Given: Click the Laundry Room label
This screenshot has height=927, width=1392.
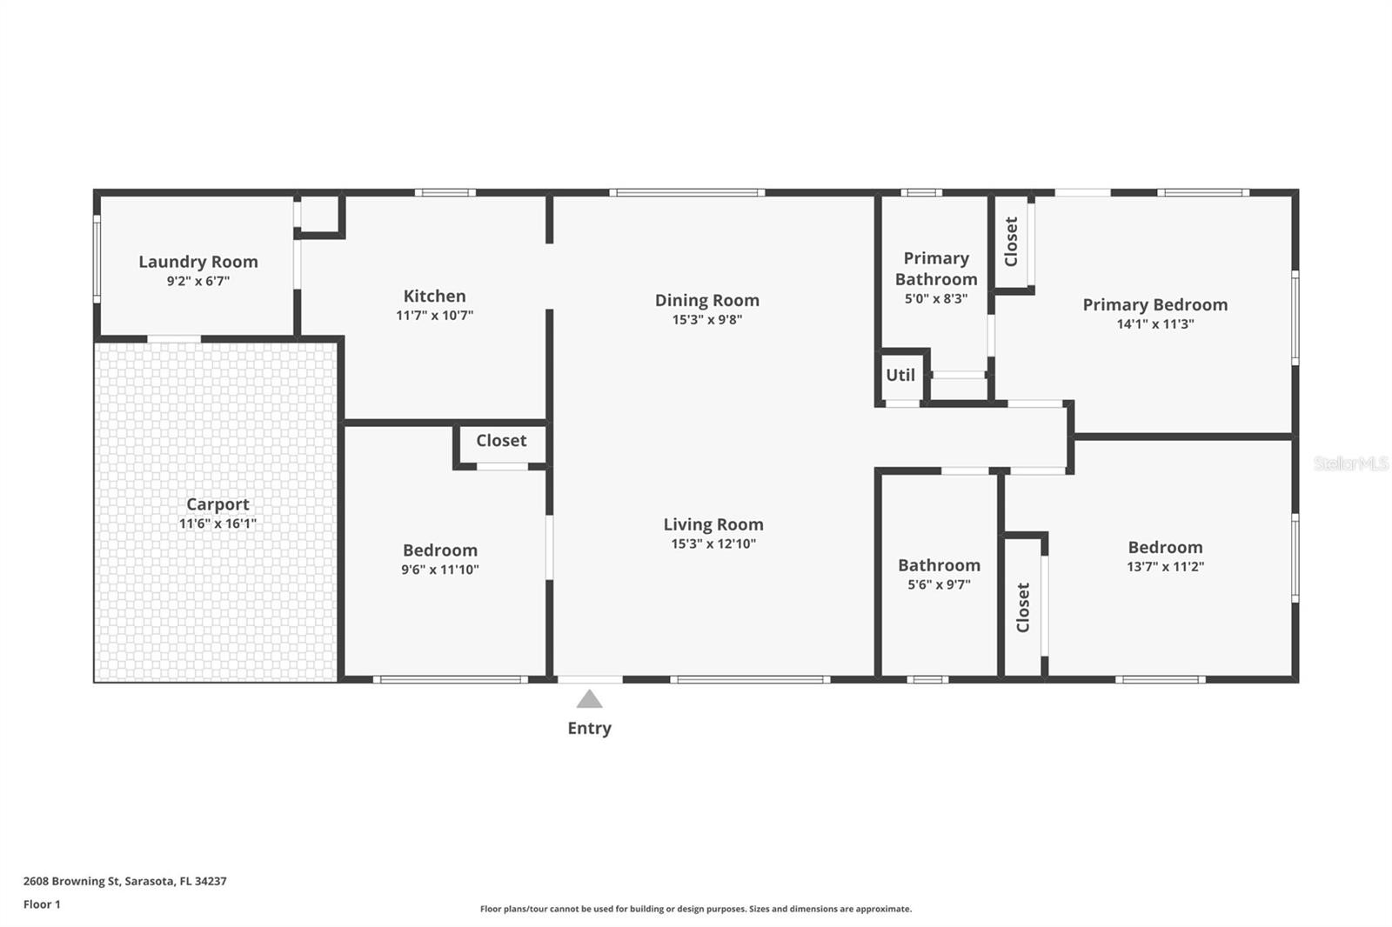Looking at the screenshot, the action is coord(198,262).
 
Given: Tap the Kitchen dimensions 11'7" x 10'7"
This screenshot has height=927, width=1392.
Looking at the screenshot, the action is coord(434,315).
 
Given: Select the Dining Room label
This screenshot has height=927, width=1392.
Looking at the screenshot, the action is coord(707,300).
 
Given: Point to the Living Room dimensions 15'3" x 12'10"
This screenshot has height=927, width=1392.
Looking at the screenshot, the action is coord(713,544).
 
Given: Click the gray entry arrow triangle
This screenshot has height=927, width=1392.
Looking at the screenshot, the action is coord(589,699).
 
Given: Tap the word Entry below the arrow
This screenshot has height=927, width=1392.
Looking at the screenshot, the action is coord(589,728).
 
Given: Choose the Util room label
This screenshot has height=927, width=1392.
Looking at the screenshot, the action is coord(900,375).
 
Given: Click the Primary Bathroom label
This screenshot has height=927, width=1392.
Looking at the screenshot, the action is coord(936,269).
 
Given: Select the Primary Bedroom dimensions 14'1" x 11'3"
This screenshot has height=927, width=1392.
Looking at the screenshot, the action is coord(1155,323).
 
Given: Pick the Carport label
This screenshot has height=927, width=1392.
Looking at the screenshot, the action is coord(217,504).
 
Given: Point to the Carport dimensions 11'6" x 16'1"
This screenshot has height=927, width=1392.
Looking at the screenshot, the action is coord(217,524).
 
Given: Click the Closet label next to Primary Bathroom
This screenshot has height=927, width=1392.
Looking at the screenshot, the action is coord(1011,242).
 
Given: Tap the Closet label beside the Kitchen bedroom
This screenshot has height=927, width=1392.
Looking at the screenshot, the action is coord(501,441).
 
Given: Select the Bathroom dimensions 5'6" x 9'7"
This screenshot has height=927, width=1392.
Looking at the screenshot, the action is coord(939,584).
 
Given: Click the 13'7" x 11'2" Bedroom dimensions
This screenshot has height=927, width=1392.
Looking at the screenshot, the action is coord(1165,566).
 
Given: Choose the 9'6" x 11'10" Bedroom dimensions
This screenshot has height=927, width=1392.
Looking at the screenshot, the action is coord(440,569).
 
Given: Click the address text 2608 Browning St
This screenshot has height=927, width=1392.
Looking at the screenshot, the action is coord(71,881).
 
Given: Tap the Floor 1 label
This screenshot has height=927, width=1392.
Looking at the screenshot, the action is coord(42,904).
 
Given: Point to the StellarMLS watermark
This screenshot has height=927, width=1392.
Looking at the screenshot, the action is coord(1351,463).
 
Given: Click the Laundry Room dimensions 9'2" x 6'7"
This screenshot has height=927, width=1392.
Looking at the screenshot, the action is coord(198,281).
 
